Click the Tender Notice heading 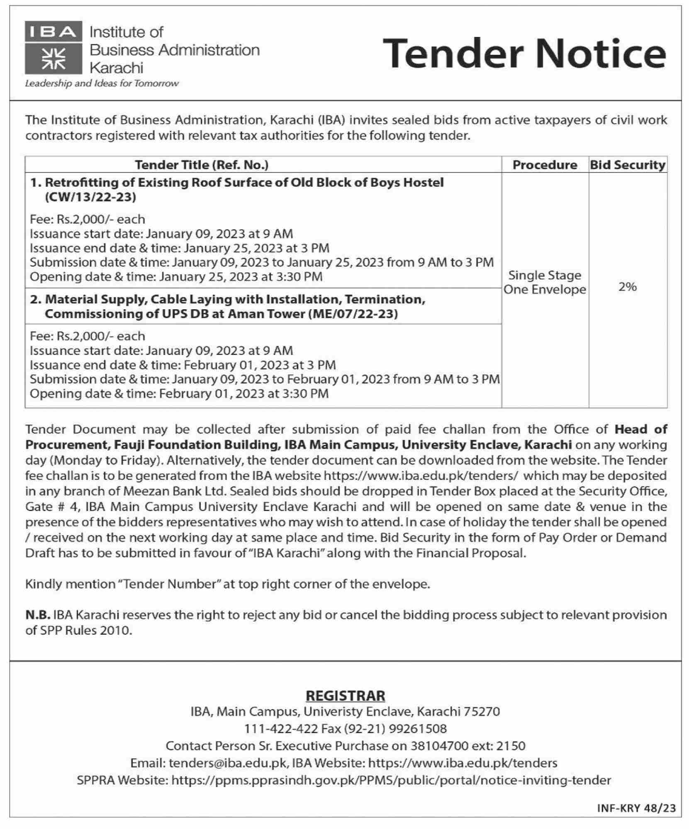point(524,54)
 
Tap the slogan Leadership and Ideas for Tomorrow point(102,83)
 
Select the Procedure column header point(544,165)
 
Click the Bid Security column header point(627,165)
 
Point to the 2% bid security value point(627,286)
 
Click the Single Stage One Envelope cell point(544,282)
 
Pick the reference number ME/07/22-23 point(353,314)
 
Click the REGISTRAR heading point(345,695)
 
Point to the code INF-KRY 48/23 point(636,808)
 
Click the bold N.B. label point(38,615)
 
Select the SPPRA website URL point(391,780)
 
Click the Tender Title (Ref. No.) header point(202,165)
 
